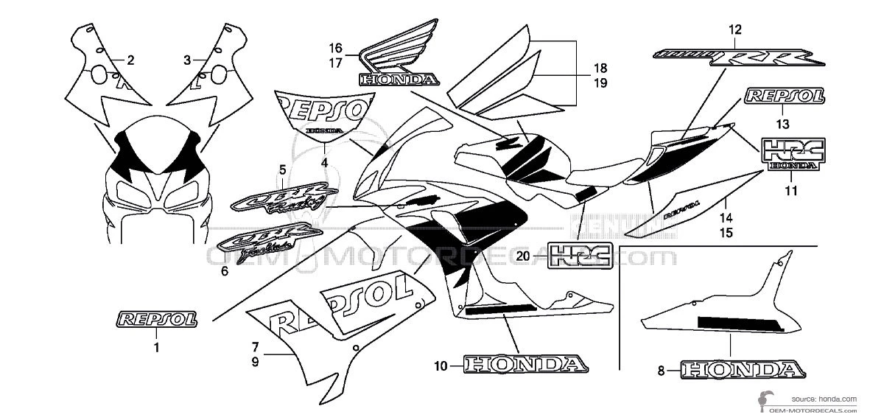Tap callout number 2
click(x=130, y=60)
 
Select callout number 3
click(x=187, y=60)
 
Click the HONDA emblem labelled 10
click(x=525, y=364)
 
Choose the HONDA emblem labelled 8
click(x=740, y=370)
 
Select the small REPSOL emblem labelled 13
click(x=784, y=97)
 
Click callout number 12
click(x=734, y=29)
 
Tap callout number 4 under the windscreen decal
click(x=325, y=162)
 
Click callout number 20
click(x=524, y=256)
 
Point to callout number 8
click(x=660, y=371)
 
